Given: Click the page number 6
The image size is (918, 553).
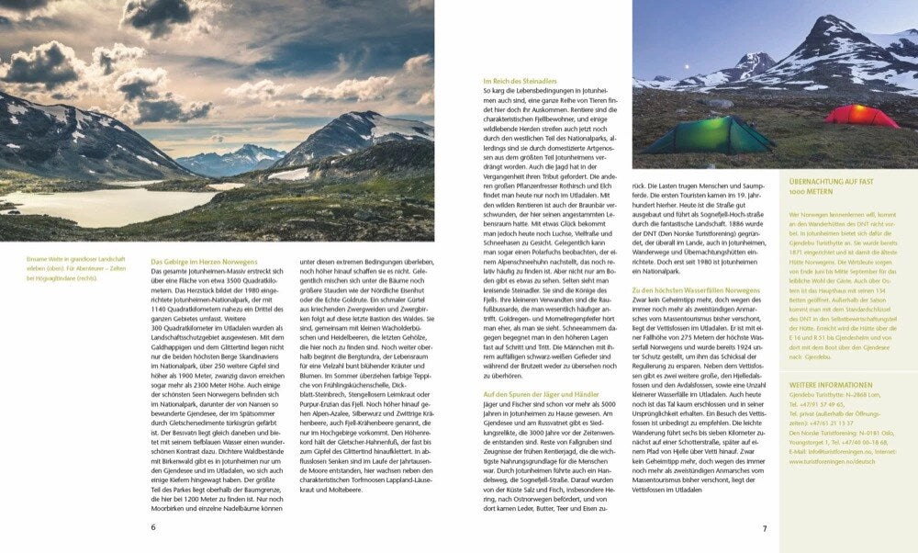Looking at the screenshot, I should [x=153, y=527].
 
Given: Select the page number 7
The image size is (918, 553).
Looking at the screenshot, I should [x=764, y=528].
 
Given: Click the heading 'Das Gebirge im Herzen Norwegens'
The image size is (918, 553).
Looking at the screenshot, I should [x=205, y=262].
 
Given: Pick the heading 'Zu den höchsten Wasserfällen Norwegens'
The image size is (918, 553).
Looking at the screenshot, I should [x=696, y=290].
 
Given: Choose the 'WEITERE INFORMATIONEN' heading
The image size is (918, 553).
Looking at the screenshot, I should [x=824, y=385].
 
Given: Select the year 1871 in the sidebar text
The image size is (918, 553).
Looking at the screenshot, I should [x=797, y=250].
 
